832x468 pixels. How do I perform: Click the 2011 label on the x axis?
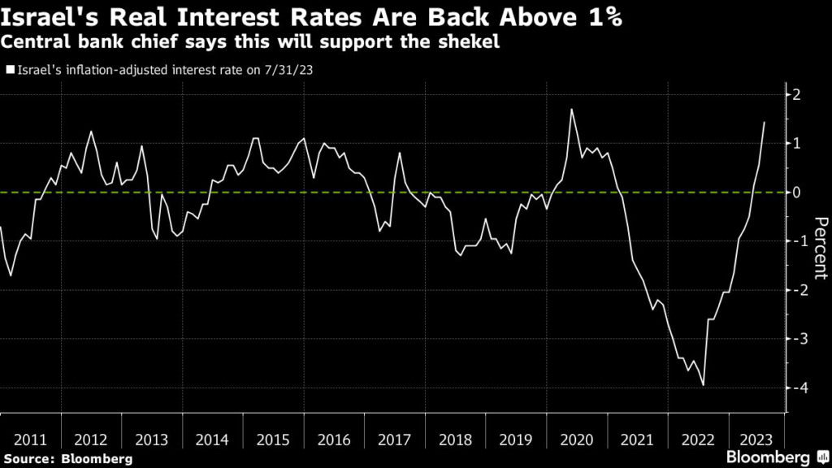[x=30, y=440]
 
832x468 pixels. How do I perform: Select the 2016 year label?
[x=333, y=440]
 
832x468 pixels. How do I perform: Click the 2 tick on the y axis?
[x=797, y=94]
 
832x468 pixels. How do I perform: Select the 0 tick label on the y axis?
[x=797, y=193]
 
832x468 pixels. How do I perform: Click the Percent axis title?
[x=820, y=249]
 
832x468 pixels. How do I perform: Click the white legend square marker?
[x=9, y=70]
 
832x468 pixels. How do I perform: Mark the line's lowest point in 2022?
[x=703, y=385]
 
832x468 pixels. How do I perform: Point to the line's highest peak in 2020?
[x=572, y=109]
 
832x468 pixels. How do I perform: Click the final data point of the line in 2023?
[x=765, y=122]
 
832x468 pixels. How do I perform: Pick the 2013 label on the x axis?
[x=151, y=440]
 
